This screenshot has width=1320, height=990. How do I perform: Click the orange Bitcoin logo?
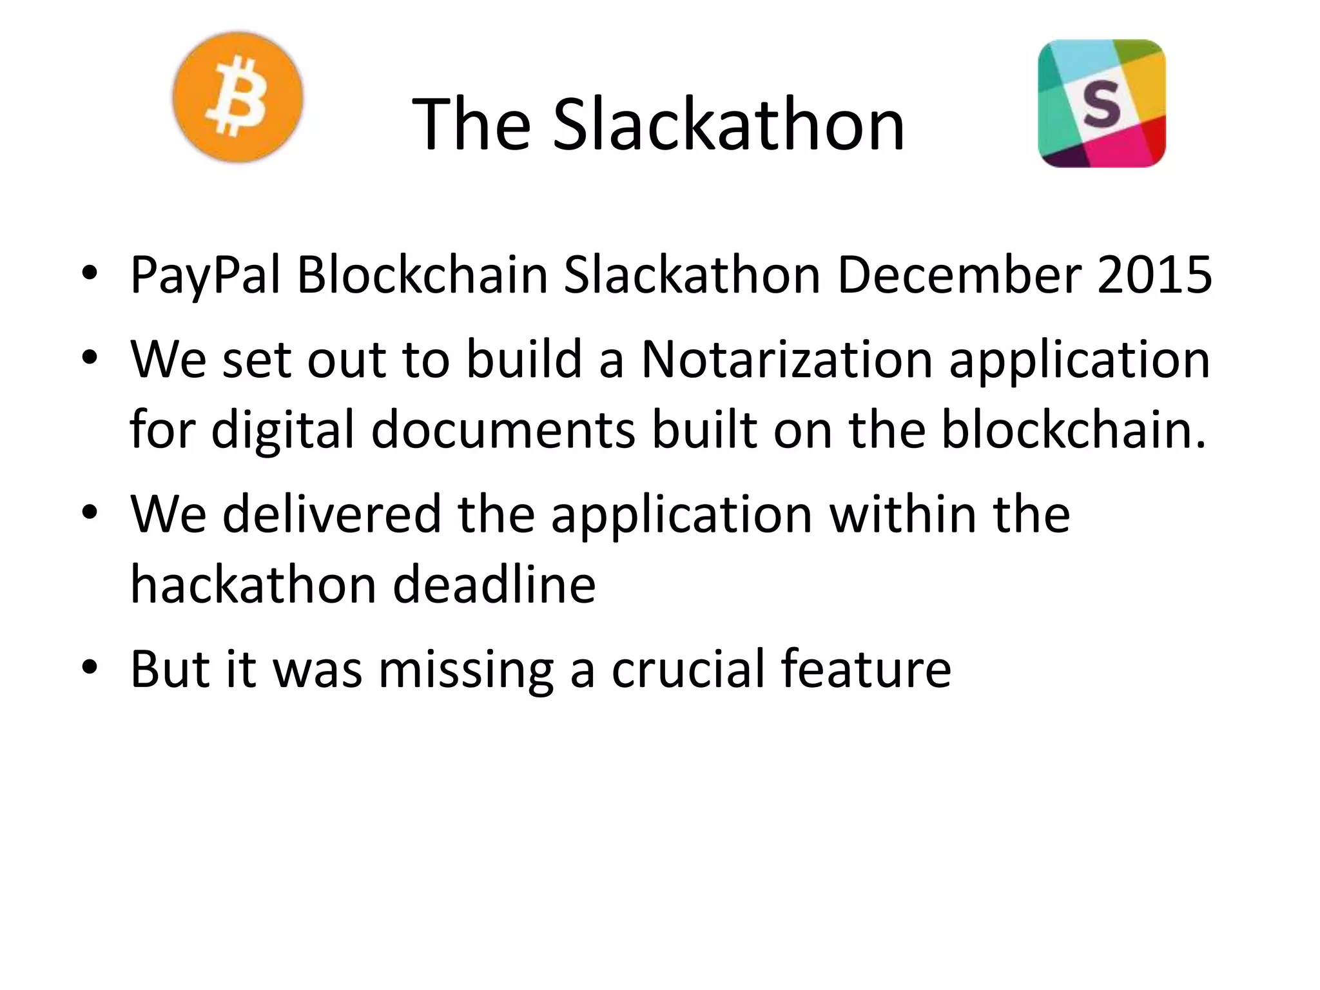[x=238, y=97]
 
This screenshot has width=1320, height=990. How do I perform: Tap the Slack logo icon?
[x=1102, y=103]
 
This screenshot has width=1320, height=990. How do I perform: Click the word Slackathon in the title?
[x=728, y=124]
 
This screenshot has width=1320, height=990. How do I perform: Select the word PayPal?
[x=206, y=275]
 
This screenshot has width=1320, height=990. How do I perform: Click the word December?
[x=959, y=275]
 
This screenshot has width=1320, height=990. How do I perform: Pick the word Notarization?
[x=786, y=359]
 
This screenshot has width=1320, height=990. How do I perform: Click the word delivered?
[x=332, y=514]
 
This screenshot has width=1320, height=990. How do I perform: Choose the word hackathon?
[x=253, y=585]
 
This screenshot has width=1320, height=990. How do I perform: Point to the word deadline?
[x=494, y=585]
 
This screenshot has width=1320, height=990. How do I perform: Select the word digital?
[x=283, y=431]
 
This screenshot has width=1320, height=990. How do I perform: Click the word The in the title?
[x=471, y=124]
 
